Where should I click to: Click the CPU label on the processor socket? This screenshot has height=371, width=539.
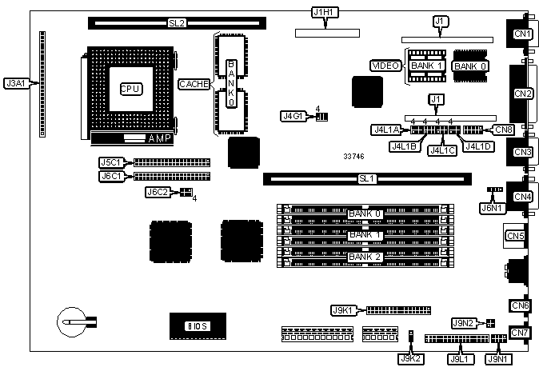click(130, 89)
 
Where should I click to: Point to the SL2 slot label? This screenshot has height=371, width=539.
click(177, 23)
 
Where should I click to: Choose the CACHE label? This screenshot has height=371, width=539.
click(194, 83)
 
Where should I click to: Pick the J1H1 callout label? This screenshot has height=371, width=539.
click(324, 12)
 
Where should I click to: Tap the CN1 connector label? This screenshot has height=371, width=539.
click(523, 34)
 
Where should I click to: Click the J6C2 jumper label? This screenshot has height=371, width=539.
click(157, 192)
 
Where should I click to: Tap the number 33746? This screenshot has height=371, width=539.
click(354, 157)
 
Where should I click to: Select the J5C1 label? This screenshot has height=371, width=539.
click(110, 162)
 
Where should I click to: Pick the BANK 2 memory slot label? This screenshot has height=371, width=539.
click(365, 256)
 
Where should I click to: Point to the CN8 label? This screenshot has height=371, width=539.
click(504, 129)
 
